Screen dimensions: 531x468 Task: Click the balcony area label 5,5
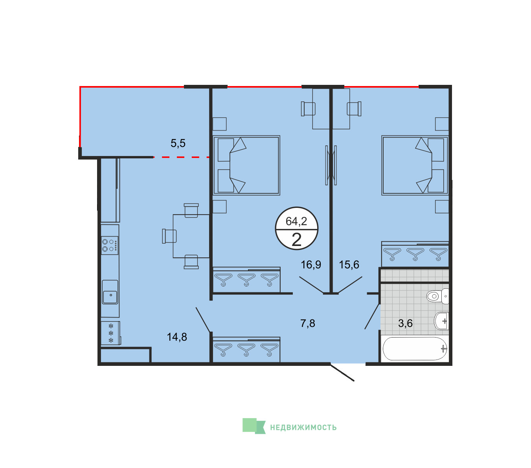(x=178, y=143)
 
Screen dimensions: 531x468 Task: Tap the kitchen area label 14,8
(x=177, y=337)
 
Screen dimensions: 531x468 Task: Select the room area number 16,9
(x=311, y=265)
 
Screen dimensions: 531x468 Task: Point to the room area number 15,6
(x=349, y=265)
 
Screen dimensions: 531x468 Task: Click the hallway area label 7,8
(x=308, y=323)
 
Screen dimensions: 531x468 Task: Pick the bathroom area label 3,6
(x=405, y=323)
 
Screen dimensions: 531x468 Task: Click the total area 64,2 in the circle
(x=296, y=221)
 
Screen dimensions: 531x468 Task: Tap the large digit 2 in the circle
(x=296, y=240)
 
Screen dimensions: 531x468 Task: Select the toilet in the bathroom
(x=438, y=296)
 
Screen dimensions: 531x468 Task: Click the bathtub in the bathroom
(x=415, y=349)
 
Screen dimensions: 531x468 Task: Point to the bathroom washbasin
(x=441, y=321)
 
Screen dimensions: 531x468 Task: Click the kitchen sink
(x=110, y=292)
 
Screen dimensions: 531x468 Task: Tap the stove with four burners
(x=110, y=245)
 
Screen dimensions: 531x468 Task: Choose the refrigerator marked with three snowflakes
(x=111, y=333)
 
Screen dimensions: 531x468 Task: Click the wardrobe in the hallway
(x=246, y=350)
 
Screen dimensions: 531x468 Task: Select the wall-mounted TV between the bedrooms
(x=331, y=165)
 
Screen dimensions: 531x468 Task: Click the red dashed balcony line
(x=181, y=157)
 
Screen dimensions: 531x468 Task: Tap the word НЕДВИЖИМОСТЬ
(x=303, y=428)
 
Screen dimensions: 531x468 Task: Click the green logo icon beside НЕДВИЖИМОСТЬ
(x=254, y=426)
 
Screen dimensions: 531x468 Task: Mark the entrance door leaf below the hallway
(x=342, y=372)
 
